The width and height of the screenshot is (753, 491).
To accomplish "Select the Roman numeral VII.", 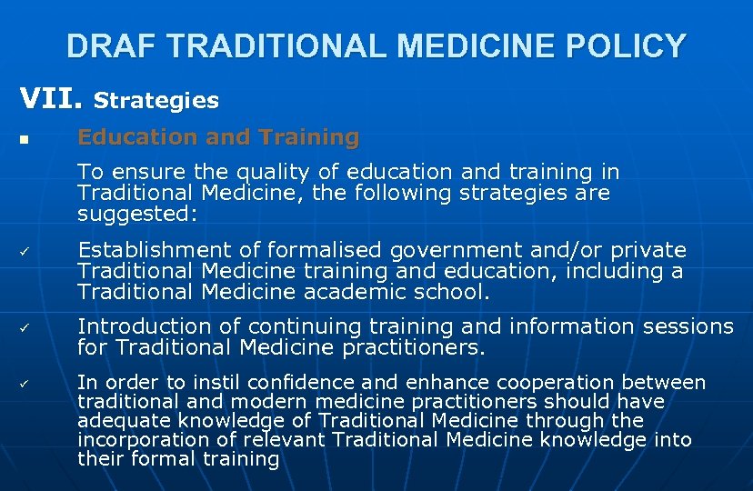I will point(51,98).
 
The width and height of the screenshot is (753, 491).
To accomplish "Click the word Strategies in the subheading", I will point(156,100).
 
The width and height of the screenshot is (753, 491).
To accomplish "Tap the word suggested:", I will point(137,215).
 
